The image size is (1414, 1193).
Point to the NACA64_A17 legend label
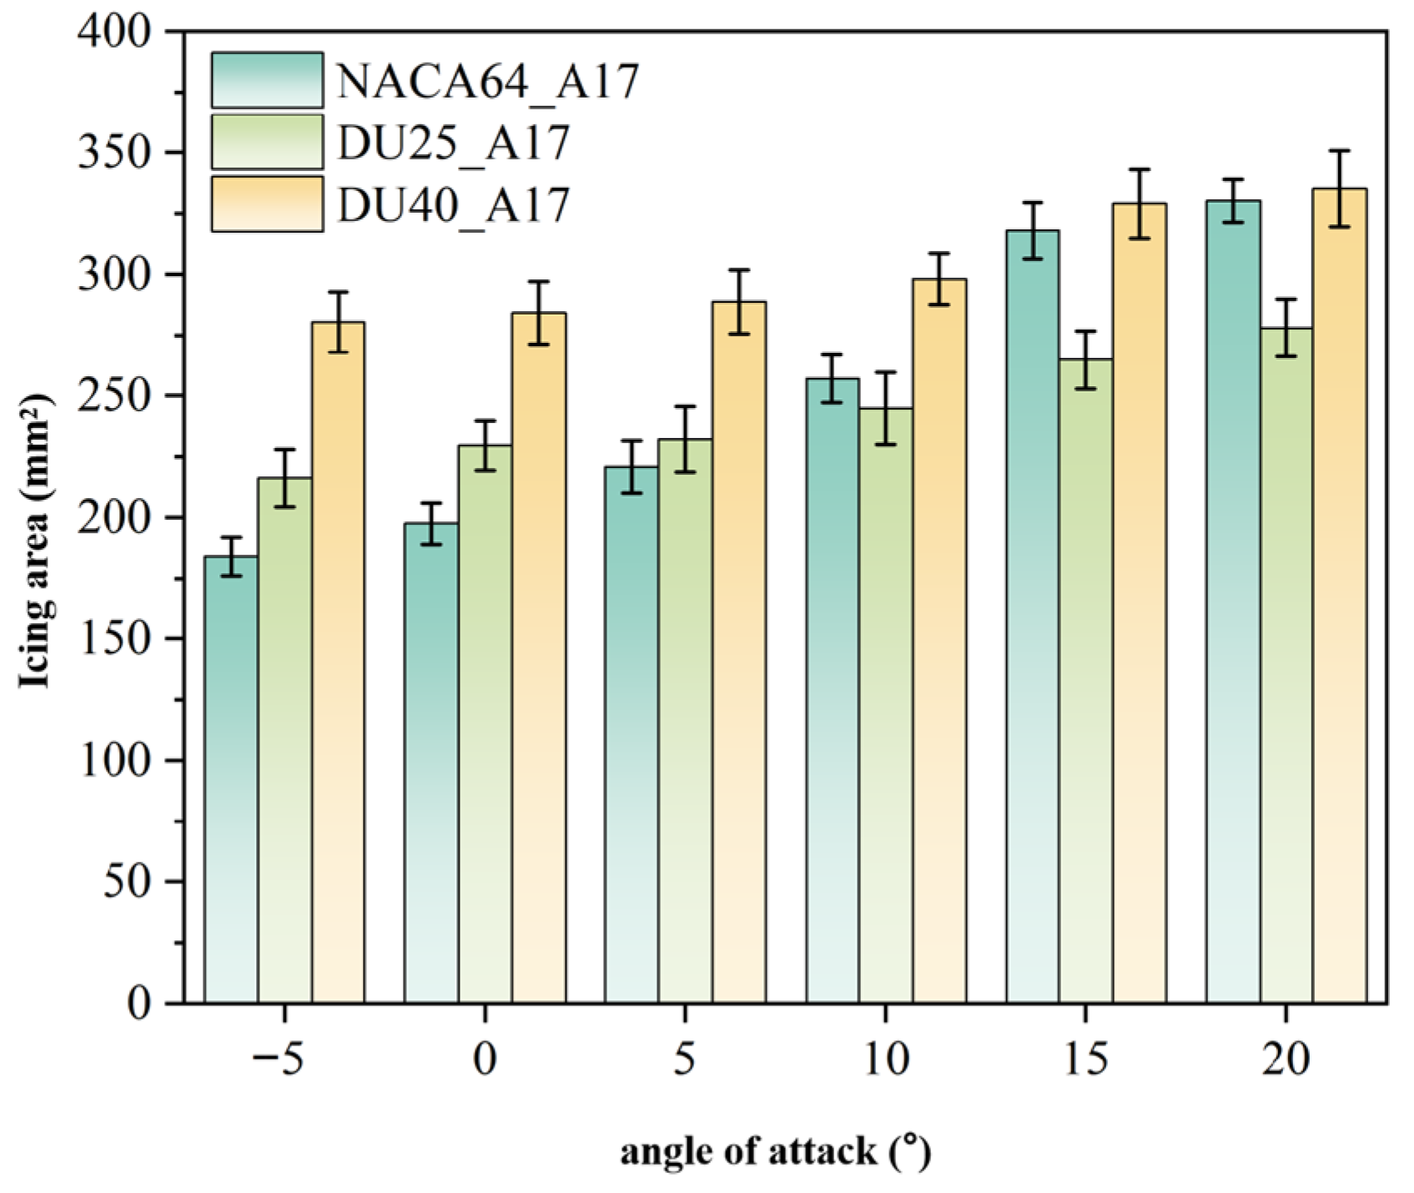click(488, 82)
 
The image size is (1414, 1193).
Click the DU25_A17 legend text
click(453, 143)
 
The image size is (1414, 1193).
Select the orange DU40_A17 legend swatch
click(267, 204)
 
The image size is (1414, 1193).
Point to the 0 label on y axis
click(138, 1003)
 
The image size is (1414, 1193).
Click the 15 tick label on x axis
click(1084, 1060)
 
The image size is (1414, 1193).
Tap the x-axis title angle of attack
click(775, 1151)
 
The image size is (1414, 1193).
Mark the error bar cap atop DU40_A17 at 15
click(1140, 170)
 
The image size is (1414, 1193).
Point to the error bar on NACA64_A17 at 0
click(431, 524)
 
